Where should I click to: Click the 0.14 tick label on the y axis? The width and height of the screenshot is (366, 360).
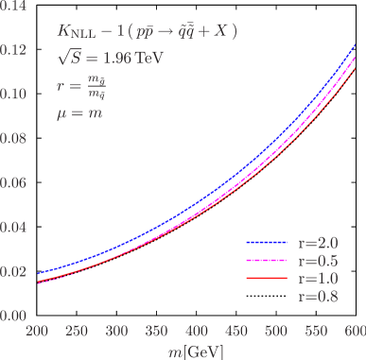click(x=14, y=6)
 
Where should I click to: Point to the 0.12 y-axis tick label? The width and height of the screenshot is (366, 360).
click(x=14, y=50)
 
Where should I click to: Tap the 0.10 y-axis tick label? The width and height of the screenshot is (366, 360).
click(x=14, y=94)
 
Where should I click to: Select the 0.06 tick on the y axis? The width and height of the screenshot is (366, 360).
click(x=14, y=183)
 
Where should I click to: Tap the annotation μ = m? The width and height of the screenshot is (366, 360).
click(x=79, y=113)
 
